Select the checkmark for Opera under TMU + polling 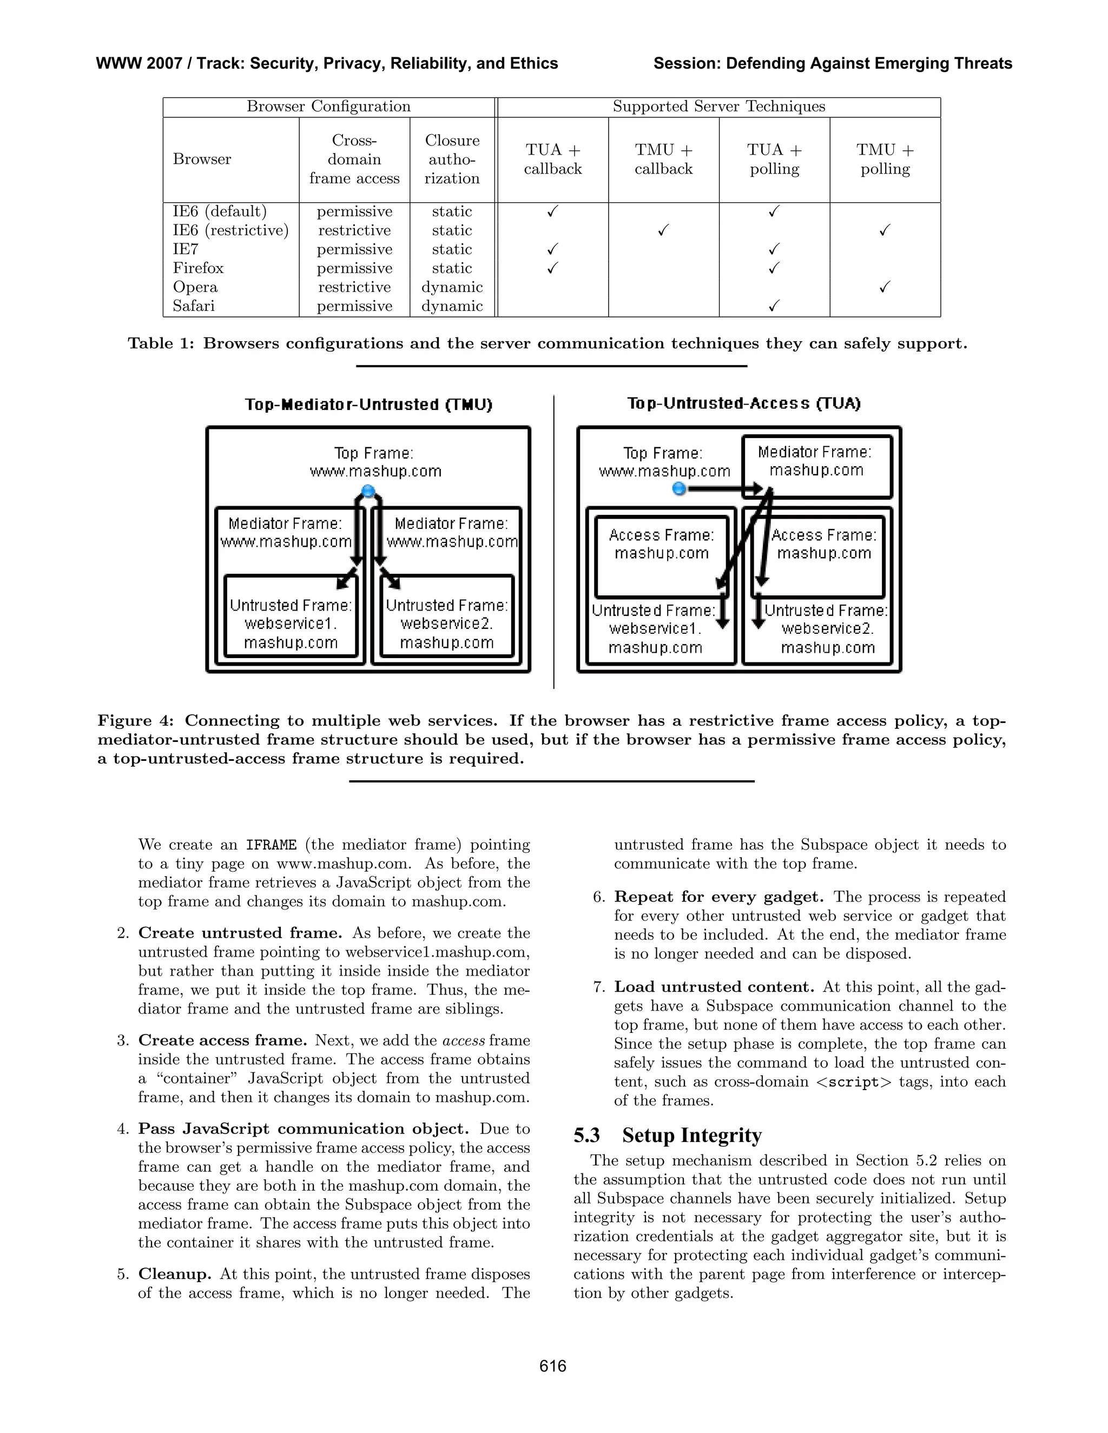885,287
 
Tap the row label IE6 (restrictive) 230,230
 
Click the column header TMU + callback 664,160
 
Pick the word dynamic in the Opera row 452,287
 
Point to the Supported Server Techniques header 719,107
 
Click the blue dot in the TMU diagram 368,492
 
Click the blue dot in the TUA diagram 680,488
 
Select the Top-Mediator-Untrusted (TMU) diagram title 368,404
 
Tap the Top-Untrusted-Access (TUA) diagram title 744,403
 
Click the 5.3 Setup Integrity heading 668,1135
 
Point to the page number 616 553,1366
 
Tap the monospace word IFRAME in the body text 271,845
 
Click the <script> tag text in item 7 854,1082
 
